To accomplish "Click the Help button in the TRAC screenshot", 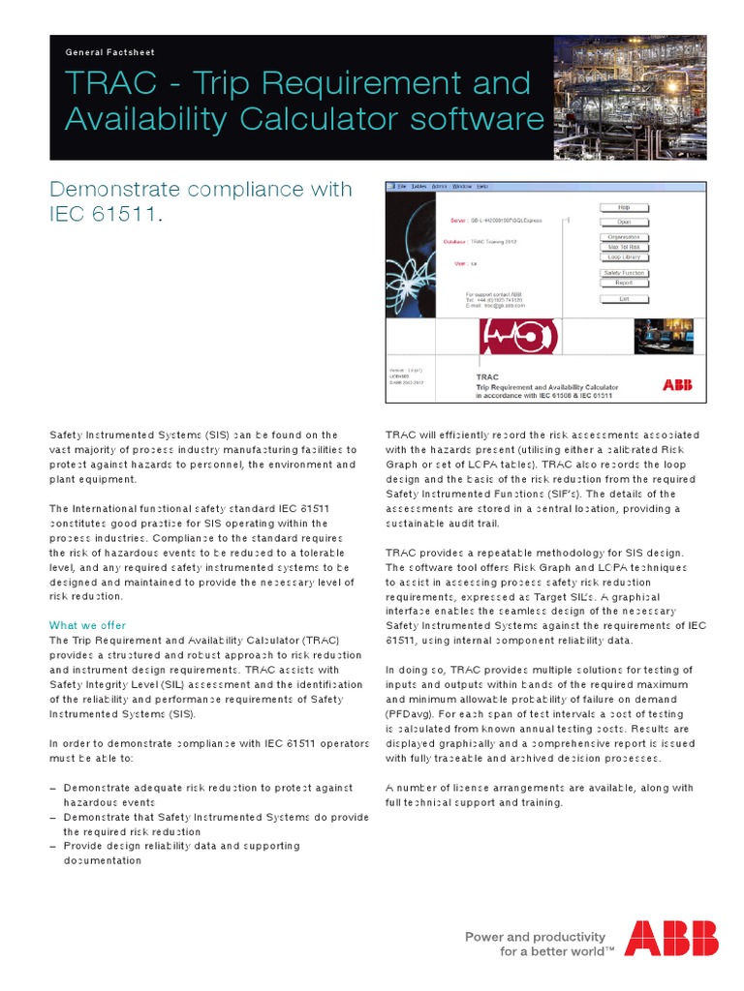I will pos(624,207).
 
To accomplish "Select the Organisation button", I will pos(624,237).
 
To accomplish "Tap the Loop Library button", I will pos(624,257).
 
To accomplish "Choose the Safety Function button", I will pos(624,273).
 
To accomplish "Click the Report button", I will pos(624,284).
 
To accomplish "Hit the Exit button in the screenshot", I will pos(624,299).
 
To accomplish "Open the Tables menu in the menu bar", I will pos(418,185).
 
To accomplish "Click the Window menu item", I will pos(462,185).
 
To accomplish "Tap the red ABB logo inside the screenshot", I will pos(677,385).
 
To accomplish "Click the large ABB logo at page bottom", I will pos(671,938).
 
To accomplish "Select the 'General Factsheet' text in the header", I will pos(109,52).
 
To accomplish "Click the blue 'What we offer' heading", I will pos(87,625).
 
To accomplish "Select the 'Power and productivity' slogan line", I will pos(535,937).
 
